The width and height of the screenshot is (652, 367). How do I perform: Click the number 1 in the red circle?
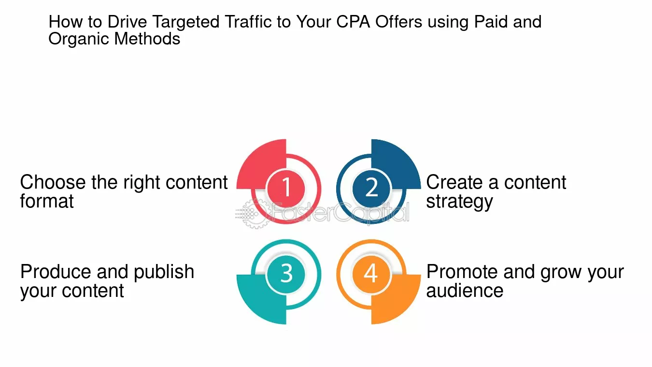286,187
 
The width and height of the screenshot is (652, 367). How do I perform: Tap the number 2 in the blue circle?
371,187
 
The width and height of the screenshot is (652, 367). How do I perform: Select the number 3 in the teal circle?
286,273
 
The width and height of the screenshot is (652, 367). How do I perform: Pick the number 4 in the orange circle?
370,273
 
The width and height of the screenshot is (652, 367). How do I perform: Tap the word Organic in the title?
79,39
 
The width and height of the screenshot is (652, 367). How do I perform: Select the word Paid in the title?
489,22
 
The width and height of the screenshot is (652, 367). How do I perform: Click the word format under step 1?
47,201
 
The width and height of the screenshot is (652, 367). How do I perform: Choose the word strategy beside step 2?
459,202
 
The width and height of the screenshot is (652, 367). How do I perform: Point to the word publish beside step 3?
164,272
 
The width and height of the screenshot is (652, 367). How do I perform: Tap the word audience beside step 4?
465,291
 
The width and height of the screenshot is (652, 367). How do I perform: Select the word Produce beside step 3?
56,272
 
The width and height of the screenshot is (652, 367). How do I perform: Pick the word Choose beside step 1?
53,183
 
